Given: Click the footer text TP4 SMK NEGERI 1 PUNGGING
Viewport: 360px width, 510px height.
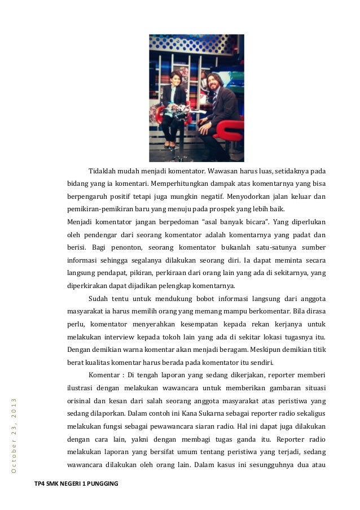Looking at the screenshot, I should click(76, 484).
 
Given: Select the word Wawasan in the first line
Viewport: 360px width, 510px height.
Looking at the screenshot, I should click(223, 171).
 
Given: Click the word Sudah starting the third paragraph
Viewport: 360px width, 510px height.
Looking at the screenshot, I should click(99, 299).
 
